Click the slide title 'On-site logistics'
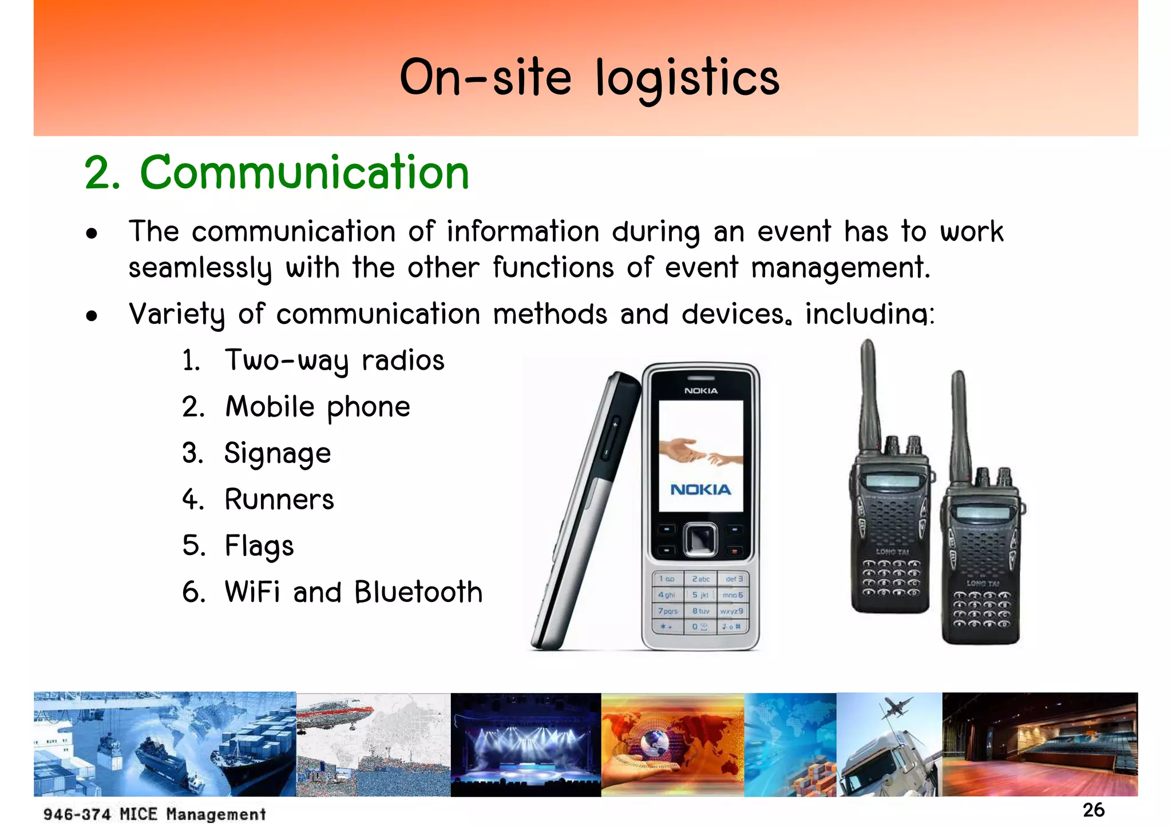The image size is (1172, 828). (x=589, y=78)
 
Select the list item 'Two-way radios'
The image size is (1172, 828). (x=334, y=361)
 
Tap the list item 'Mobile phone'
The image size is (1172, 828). (x=318, y=407)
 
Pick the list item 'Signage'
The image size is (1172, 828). (x=278, y=454)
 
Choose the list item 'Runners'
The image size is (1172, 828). (x=279, y=500)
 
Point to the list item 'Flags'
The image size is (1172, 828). (x=259, y=546)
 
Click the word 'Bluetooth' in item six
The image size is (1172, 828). (x=418, y=592)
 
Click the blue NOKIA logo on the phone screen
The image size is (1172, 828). (x=700, y=490)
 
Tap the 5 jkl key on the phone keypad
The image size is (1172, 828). (x=700, y=595)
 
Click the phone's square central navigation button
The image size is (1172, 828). (x=700, y=539)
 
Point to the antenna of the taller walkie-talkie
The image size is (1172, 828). (x=869, y=395)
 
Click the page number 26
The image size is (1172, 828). (x=1093, y=810)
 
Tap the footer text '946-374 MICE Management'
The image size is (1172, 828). (x=155, y=814)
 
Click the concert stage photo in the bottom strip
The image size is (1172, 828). (x=525, y=744)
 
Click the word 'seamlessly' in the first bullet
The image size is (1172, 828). (x=200, y=268)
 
